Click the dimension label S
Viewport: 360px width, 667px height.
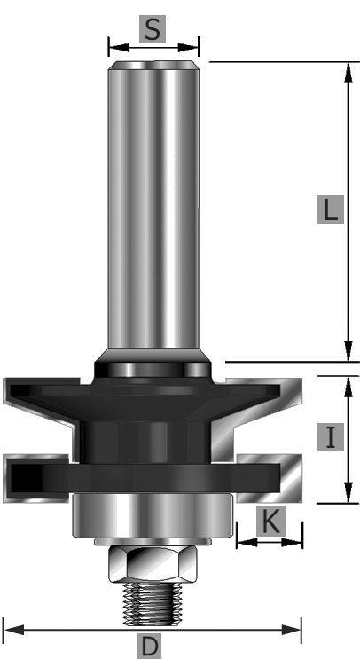click(153, 29)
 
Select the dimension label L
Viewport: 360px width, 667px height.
click(330, 209)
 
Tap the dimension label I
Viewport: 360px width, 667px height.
click(330, 437)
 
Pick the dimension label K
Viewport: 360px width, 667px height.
click(270, 522)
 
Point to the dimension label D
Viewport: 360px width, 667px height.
click(149, 647)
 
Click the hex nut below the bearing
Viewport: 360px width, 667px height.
click(153, 564)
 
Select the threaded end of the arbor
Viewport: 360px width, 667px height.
click(153, 604)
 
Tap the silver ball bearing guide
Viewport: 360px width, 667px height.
click(153, 515)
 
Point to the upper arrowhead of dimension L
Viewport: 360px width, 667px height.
click(348, 73)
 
